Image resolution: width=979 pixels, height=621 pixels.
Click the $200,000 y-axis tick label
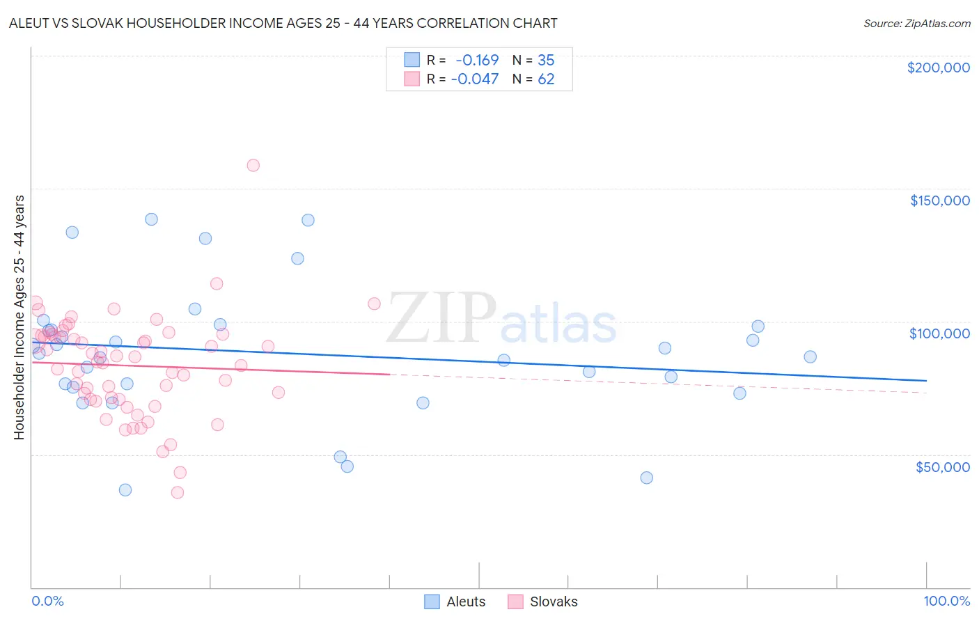938,68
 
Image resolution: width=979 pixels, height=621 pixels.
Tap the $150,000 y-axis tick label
939,201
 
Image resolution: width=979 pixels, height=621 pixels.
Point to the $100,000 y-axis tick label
939,333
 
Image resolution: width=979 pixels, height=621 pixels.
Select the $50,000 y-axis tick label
942,466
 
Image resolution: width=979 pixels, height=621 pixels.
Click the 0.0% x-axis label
47,601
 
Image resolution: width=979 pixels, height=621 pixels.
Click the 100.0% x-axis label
946,601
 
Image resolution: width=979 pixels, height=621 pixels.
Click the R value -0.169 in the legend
477,61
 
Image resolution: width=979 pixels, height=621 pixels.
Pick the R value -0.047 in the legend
474,79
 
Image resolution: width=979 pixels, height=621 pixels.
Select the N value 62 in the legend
546,79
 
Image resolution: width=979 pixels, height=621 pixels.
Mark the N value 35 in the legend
546,61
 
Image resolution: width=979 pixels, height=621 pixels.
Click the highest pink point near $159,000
253,165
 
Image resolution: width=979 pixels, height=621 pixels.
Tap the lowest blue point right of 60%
646,478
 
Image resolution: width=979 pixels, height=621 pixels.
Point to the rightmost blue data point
810,356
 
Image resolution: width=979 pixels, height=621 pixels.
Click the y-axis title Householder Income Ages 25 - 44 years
19,317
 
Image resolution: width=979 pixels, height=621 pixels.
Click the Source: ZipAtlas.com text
916,24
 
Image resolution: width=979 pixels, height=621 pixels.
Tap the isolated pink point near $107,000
374,304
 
